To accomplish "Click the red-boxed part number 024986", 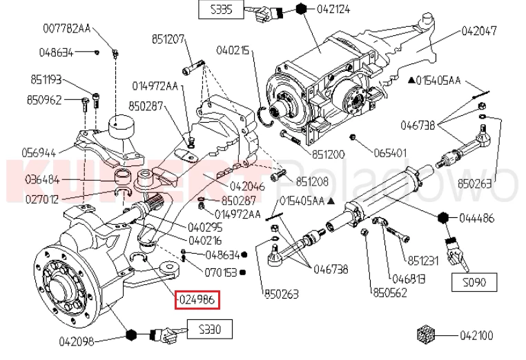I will click(x=197, y=300).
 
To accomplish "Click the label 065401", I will click(x=391, y=152).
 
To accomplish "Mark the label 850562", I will click(x=389, y=292).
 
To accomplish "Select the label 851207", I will click(x=169, y=41).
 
